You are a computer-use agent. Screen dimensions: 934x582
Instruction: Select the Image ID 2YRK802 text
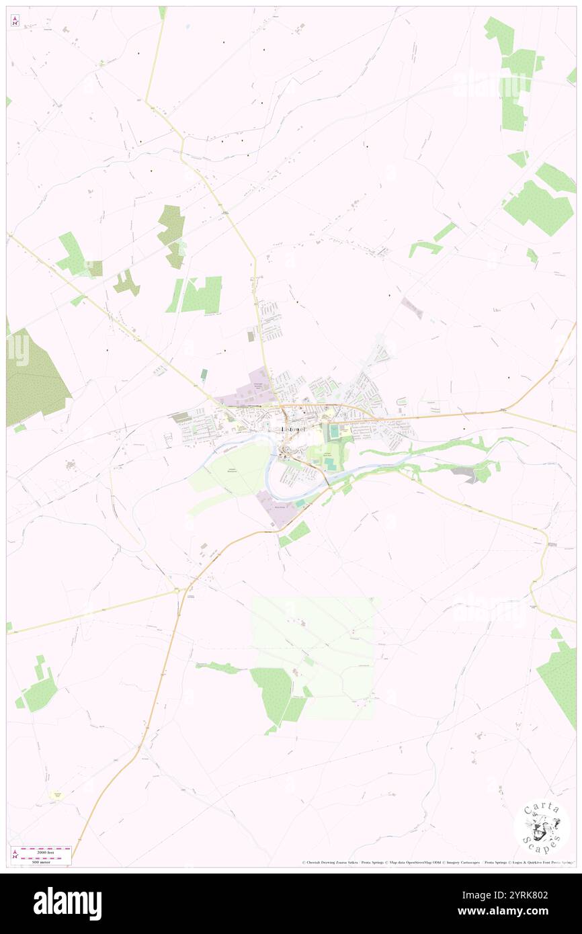click(x=528, y=895)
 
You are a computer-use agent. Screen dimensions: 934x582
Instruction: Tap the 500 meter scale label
click(x=46, y=861)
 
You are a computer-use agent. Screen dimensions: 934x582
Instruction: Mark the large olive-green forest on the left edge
click(x=34, y=376)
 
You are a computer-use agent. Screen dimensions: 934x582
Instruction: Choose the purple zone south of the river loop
click(x=276, y=507)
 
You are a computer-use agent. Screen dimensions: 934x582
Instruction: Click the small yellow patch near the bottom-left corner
click(x=58, y=795)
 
